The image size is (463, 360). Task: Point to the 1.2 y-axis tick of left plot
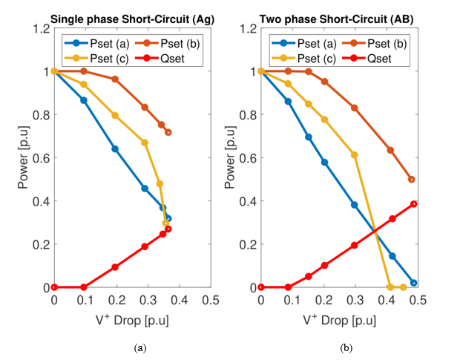pyautogui.click(x=42, y=28)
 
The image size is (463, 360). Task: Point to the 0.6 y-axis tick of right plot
pyautogui.click(x=249, y=157)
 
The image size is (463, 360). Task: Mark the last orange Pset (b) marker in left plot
pyautogui.click(x=168, y=132)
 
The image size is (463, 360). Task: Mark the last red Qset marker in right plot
pyautogui.click(x=414, y=204)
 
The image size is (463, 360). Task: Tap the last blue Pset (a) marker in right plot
pyautogui.click(x=414, y=283)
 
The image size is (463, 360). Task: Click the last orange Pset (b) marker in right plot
pyautogui.click(x=412, y=179)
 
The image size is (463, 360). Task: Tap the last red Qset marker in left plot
pyautogui.click(x=168, y=229)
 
